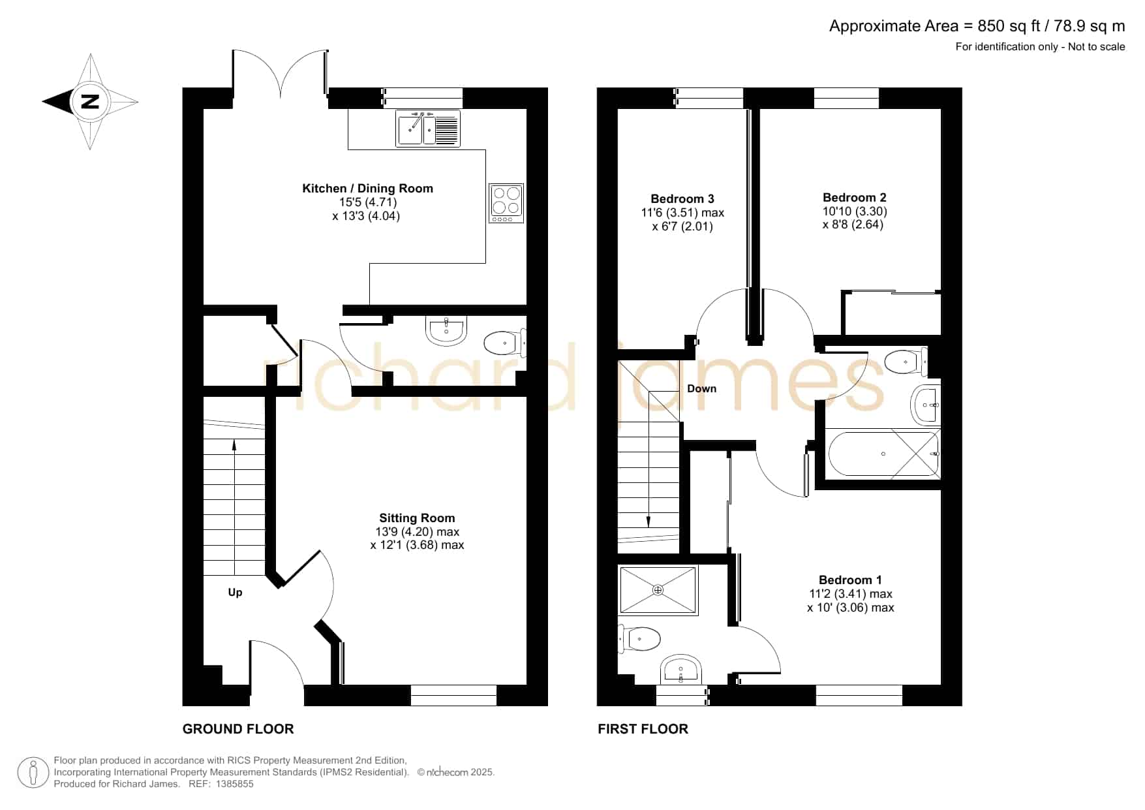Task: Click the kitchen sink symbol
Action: pos(428,128)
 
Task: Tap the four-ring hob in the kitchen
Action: pos(506,203)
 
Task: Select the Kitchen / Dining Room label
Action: pos(367,189)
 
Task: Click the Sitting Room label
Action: pos(417,518)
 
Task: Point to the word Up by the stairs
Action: pos(235,593)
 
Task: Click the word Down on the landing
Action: pos(701,388)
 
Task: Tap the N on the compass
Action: pos(90,102)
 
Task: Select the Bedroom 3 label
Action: pos(682,199)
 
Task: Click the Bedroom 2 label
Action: pos(855,198)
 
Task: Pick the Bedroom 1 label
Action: pos(850,580)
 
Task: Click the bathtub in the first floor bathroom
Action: pos(883,454)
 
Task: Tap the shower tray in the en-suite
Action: pos(658,590)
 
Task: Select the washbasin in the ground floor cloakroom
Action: pos(446,330)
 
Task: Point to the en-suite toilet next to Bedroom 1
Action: pos(639,638)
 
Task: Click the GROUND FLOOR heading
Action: pos(238,729)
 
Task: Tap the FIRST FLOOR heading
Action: pos(643,729)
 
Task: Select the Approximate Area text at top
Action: pos(977,26)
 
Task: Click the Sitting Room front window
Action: pos(453,695)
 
